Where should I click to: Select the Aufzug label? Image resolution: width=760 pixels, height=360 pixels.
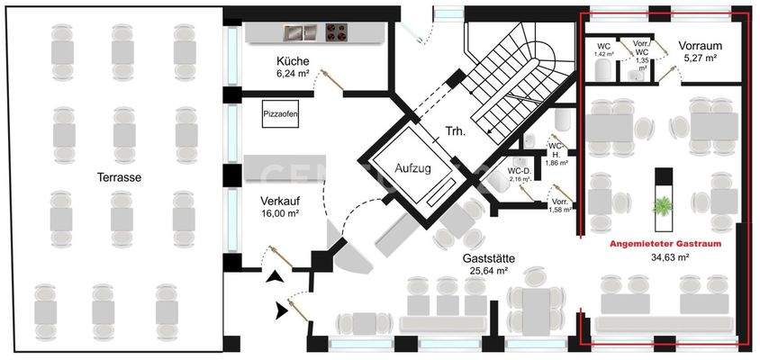tap(414, 168)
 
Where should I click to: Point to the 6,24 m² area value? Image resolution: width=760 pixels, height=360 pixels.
tap(294, 76)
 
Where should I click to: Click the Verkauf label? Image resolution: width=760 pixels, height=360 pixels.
tap(280, 199)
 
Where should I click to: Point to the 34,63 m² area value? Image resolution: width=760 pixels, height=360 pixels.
tap(669, 256)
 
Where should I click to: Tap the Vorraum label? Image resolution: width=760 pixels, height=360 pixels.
tap(700, 44)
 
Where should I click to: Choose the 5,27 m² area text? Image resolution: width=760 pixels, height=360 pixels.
tap(700, 58)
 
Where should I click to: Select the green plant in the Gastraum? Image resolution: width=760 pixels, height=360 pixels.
tap(664, 206)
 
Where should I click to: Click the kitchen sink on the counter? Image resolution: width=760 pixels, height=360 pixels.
tap(296, 32)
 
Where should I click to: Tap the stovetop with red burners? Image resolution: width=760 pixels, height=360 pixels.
tap(337, 32)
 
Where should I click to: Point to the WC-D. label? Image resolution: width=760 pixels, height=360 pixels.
tap(519, 170)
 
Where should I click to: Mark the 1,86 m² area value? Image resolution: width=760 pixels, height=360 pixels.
tap(558, 163)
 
